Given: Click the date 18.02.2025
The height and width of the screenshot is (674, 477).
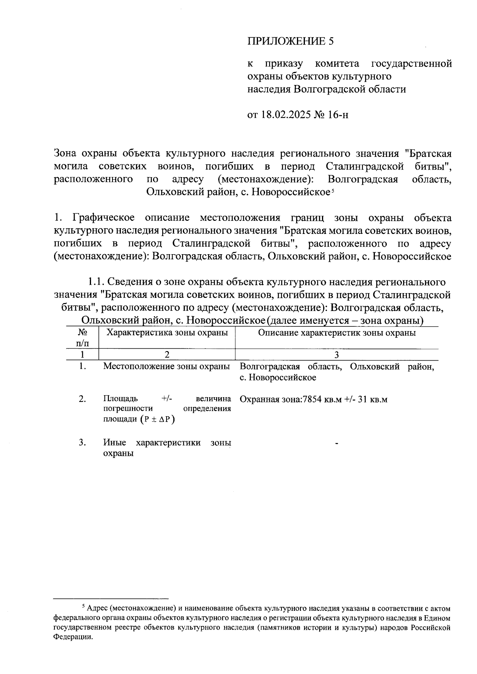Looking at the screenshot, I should [x=286, y=115].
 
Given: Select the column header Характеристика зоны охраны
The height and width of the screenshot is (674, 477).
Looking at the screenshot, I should [x=167, y=333].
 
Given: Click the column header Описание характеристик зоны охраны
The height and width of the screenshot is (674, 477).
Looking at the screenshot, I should [x=337, y=333].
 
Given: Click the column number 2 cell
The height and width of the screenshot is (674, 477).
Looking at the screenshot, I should [x=167, y=354].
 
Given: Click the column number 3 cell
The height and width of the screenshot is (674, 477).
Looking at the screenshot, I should [x=337, y=354].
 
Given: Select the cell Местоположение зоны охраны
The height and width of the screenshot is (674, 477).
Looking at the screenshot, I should [x=167, y=366].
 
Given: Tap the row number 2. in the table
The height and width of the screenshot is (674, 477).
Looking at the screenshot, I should [x=82, y=399].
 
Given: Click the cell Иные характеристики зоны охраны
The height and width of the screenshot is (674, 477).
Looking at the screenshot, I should [x=167, y=448].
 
